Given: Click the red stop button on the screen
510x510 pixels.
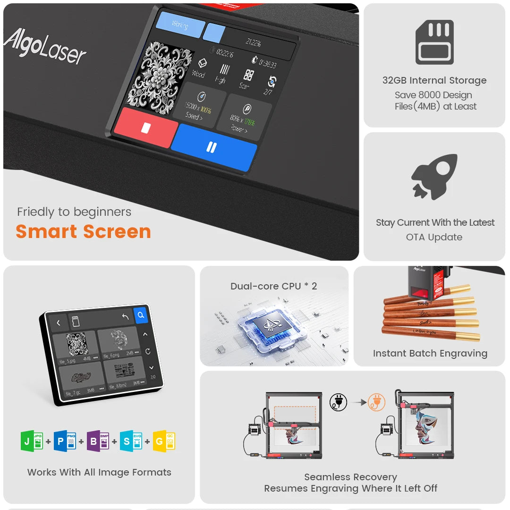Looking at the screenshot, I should (146, 127).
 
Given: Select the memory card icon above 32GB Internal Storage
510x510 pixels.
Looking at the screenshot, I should (434, 42).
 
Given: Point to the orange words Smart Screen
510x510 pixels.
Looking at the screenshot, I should (83, 231).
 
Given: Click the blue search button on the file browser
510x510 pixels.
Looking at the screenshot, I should (141, 315).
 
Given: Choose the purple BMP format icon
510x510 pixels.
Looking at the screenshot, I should (98, 441).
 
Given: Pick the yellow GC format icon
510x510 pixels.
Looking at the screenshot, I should (164, 441).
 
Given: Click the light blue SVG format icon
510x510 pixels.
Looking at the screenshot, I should (131, 441).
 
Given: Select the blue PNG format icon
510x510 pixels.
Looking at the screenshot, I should (65, 441).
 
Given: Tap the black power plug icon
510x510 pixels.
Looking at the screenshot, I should (338, 402).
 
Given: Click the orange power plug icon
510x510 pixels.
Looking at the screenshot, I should (376, 402).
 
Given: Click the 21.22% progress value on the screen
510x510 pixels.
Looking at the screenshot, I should (253, 42).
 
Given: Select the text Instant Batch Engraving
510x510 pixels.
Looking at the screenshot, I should (430, 353).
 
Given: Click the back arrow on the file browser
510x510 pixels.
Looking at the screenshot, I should (59, 323).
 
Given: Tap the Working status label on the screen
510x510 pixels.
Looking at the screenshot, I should (180, 25).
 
